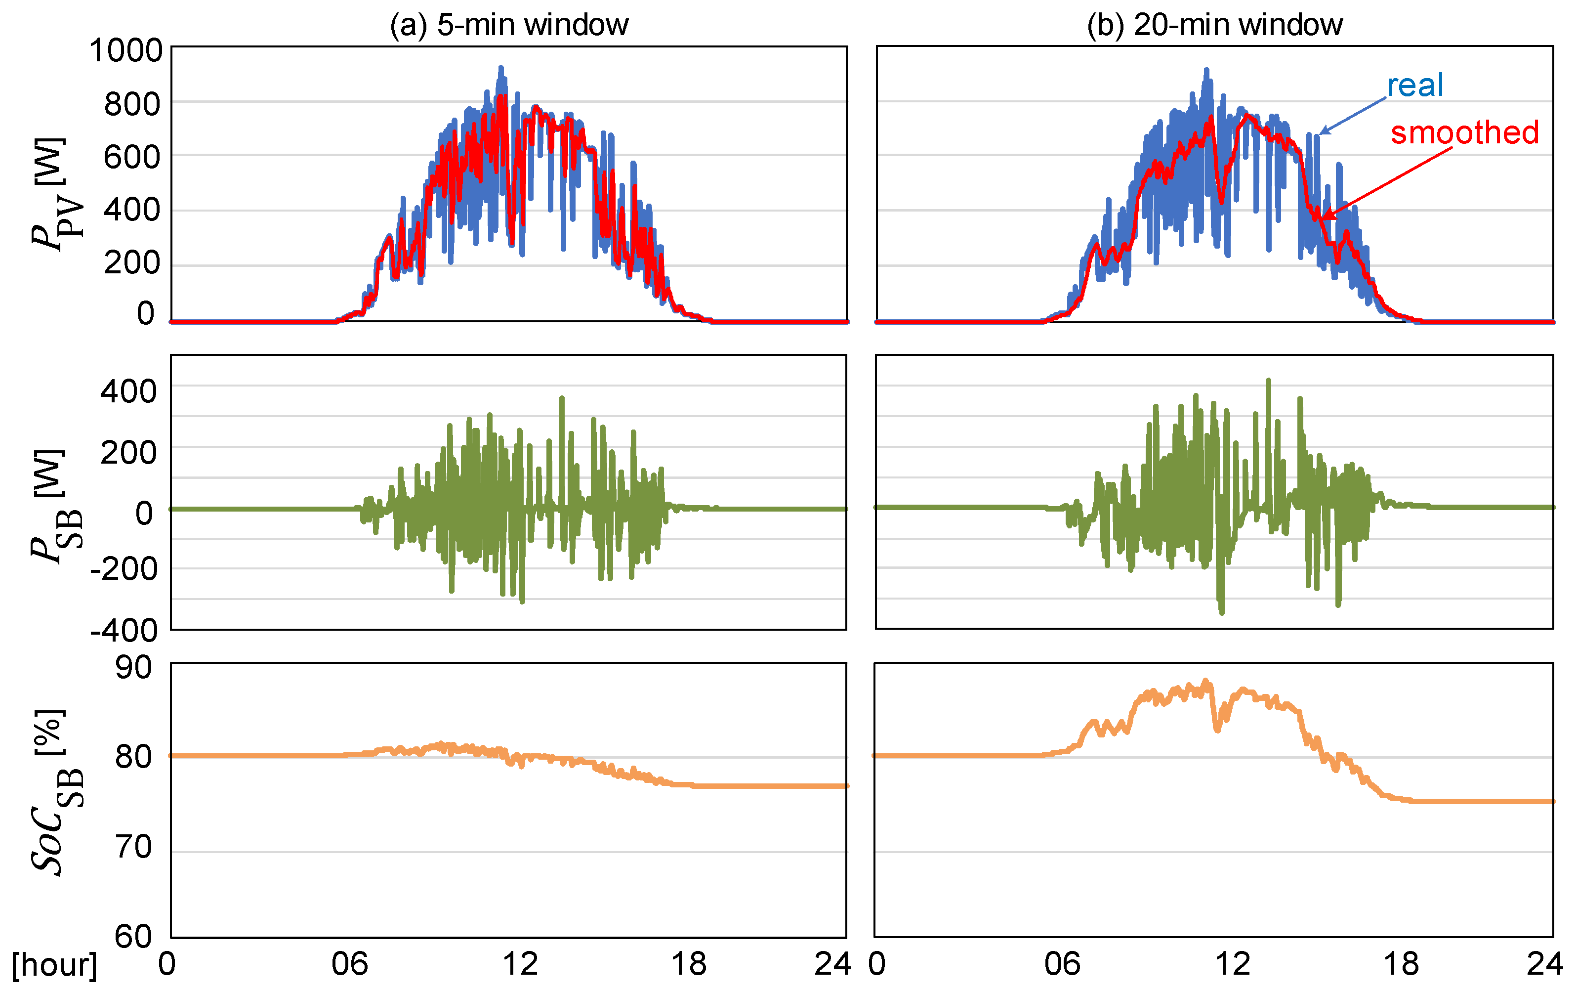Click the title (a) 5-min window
pyautogui.click(x=509, y=25)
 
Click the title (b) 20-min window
pyautogui.click(x=1215, y=25)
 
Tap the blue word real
pyautogui.click(x=1414, y=85)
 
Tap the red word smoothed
pyautogui.click(x=1464, y=132)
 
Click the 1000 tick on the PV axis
pyautogui.click(x=126, y=50)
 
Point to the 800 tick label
pyautogui.click(x=132, y=104)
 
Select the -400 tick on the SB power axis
pyautogui.click(x=124, y=630)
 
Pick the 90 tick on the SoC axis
pyautogui.click(x=133, y=668)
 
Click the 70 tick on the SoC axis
pyautogui.click(x=133, y=847)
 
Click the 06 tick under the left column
pyautogui.click(x=349, y=964)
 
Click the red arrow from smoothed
pyautogui.click(x=1385, y=183)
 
